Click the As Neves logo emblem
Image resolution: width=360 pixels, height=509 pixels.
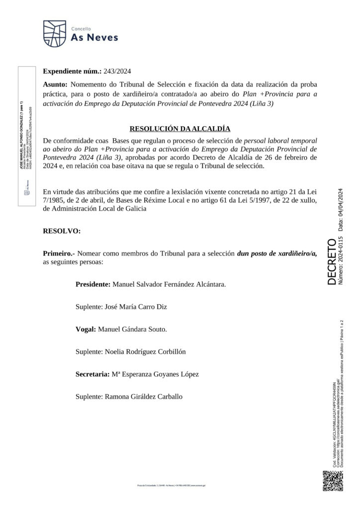pos(54,33)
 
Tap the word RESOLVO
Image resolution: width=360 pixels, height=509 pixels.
pos(61,231)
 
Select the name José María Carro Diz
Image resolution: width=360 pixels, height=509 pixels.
pos(135,307)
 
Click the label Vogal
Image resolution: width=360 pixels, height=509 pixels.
pos(86,329)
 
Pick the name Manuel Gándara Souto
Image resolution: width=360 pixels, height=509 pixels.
pos(133,329)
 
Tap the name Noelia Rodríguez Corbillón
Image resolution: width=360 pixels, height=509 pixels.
pos(144,351)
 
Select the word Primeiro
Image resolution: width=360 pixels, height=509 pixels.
pos(59,253)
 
